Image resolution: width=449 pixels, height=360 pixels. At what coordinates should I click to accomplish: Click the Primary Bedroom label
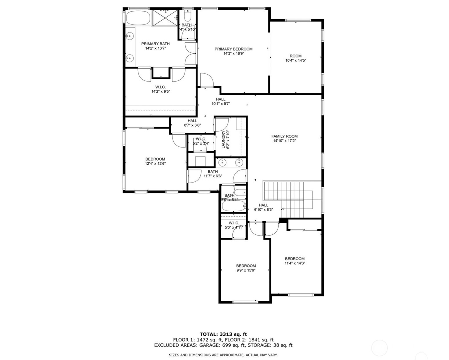pos(233,49)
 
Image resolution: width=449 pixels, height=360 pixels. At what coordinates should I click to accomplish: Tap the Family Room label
pos(284,136)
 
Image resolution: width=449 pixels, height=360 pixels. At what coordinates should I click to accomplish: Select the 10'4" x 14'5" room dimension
pos(296,61)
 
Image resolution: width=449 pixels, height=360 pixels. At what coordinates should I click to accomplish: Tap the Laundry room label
pos(224,140)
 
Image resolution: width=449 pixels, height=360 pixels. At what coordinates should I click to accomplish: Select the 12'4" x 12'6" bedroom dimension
pos(155,164)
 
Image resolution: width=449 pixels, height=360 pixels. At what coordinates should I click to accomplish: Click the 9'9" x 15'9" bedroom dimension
pos(246,270)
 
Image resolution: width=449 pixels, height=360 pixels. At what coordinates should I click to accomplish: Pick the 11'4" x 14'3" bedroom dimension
pos(295,263)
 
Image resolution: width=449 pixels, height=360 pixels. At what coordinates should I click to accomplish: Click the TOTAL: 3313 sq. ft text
pos(223,334)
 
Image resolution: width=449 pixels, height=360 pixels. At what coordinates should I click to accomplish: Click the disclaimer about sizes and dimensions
pos(223,355)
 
